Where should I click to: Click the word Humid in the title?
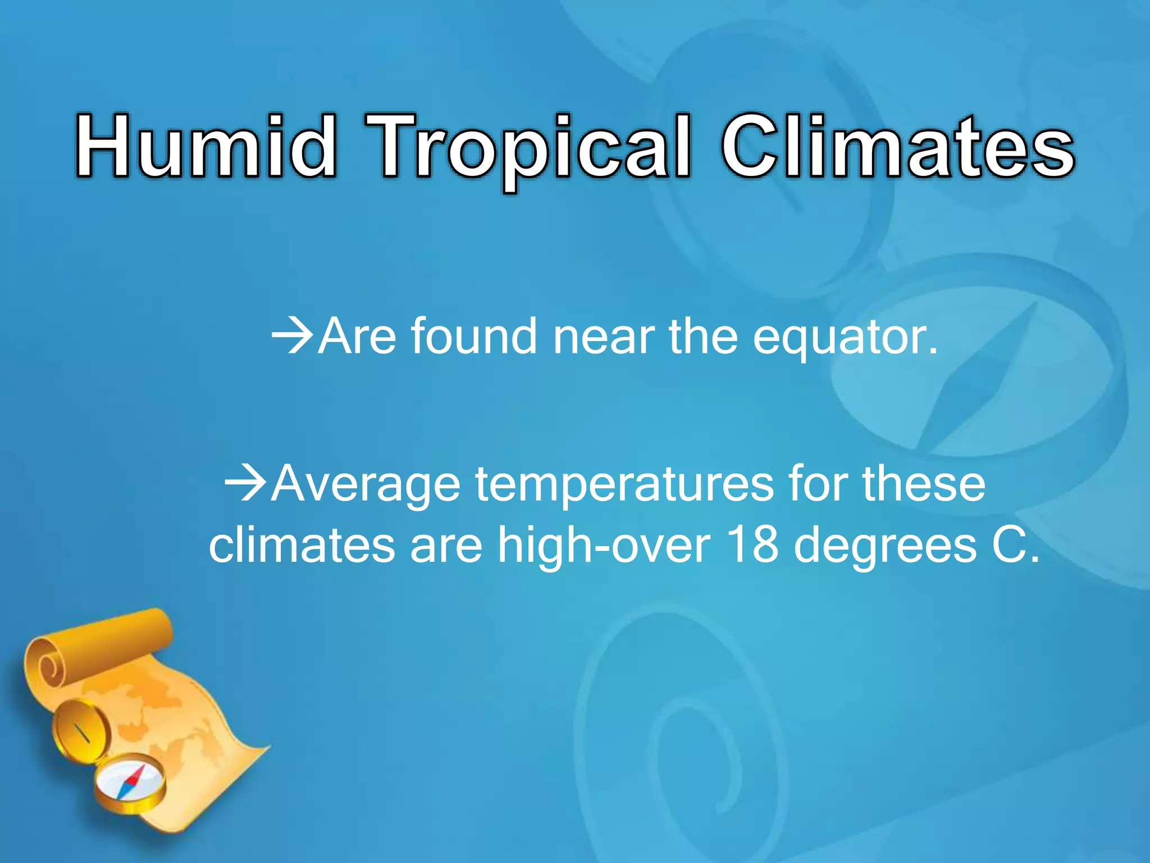(206, 147)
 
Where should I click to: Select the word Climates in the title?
(897, 147)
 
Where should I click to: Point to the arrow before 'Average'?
(245, 484)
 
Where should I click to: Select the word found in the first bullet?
(474, 336)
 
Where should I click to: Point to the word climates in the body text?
(302, 545)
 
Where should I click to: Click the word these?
(923, 483)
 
